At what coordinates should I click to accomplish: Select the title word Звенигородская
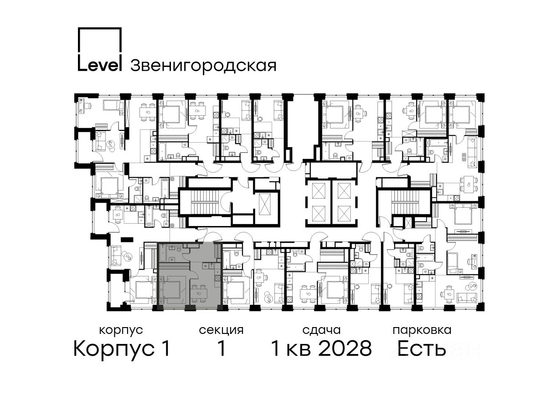click(x=203, y=66)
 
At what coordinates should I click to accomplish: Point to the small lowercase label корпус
click(x=121, y=331)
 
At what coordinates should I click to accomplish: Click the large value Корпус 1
click(x=122, y=349)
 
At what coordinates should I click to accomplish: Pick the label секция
click(x=221, y=331)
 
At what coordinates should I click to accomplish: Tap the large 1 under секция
click(x=221, y=348)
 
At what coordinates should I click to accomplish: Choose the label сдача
click(x=321, y=331)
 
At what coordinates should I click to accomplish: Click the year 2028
click(x=345, y=348)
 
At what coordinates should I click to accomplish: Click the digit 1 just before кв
click(x=276, y=348)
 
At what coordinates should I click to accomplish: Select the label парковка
click(x=422, y=331)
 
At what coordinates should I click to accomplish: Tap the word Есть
click(x=421, y=348)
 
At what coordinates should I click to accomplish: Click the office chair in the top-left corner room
click(x=87, y=106)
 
